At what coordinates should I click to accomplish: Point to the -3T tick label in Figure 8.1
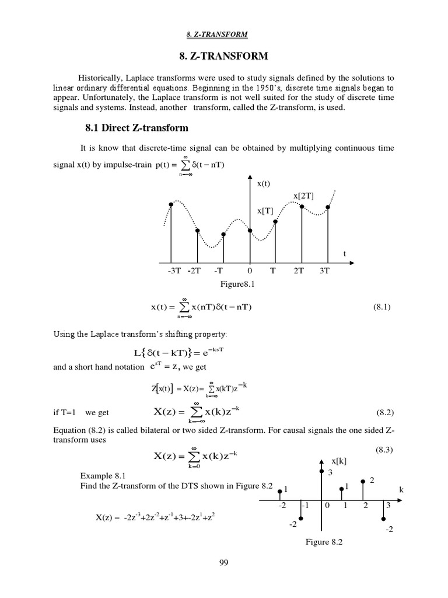pyautogui.click(x=174, y=271)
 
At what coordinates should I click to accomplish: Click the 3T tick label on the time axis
pyautogui.click(x=325, y=271)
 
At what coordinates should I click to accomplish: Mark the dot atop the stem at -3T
pyautogui.click(x=171, y=204)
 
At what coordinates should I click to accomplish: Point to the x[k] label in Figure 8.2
pyautogui.click(x=338, y=461)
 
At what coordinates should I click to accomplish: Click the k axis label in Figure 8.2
pyautogui.click(x=401, y=489)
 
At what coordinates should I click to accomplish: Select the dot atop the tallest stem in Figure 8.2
pyautogui.click(x=321, y=470)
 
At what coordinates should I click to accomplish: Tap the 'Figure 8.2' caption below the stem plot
pyautogui.click(x=324, y=542)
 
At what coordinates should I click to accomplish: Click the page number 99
pyautogui.click(x=223, y=562)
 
